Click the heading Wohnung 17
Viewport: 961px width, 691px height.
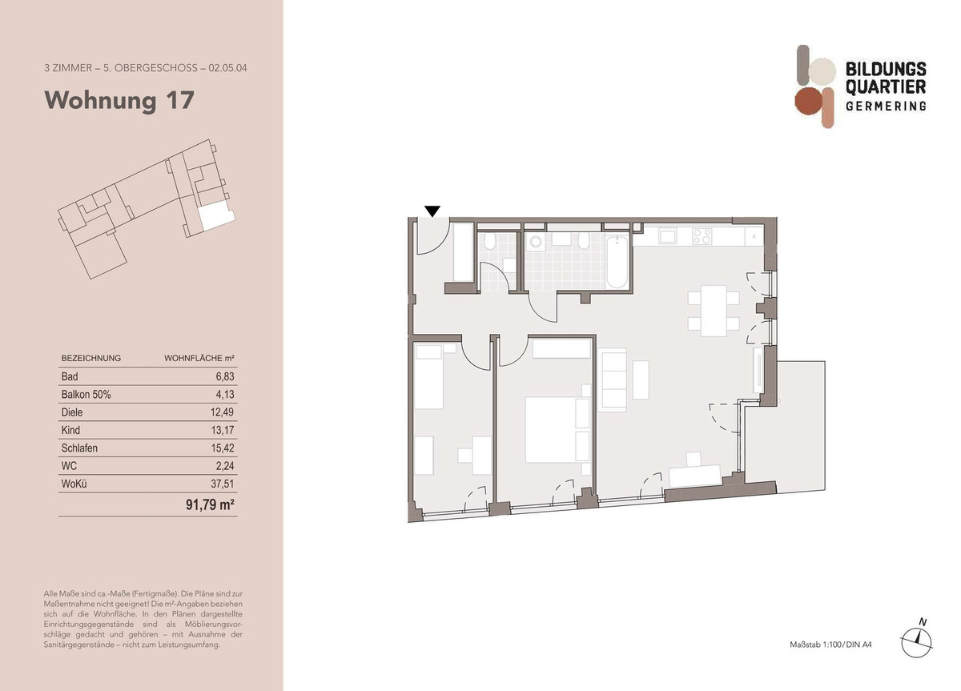click(x=119, y=101)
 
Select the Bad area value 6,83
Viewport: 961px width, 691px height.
click(x=225, y=376)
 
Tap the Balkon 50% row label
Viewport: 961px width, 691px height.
click(x=86, y=395)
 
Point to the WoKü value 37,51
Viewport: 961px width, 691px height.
click(x=223, y=484)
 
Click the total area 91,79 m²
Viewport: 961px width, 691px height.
click(x=210, y=505)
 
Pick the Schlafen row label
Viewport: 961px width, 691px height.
click(x=79, y=448)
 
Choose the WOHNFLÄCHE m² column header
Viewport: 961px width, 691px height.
click(x=199, y=359)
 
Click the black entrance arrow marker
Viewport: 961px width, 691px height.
click(x=432, y=211)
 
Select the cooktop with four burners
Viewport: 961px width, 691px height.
click(x=702, y=236)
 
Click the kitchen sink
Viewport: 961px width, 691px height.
click(x=668, y=236)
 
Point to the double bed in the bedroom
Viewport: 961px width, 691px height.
click(x=557, y=430)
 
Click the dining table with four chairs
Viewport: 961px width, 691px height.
click(x=714, y=311)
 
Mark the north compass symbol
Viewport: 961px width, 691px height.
click(x=916, y=643)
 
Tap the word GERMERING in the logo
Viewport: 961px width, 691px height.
click(x=886, y=106)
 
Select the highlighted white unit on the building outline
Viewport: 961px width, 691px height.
click(x=217, y=215)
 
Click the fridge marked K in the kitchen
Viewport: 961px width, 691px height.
click(x=754, y=236)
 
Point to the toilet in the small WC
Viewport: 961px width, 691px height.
click(x=490, y=241)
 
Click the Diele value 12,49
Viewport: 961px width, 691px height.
click(x=223, y=412)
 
